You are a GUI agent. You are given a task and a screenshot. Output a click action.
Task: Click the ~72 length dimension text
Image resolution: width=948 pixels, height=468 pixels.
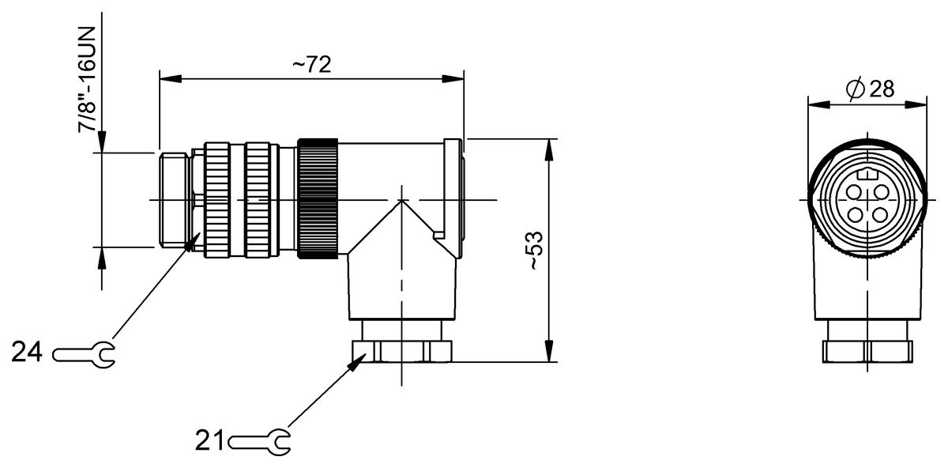(311, 65)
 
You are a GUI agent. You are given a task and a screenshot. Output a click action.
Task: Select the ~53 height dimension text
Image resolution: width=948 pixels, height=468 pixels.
(536, 251)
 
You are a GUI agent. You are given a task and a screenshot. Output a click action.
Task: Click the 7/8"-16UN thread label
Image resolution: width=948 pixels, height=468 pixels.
(87, 79)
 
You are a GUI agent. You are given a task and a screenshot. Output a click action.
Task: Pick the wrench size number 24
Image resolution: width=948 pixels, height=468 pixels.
(28, 353)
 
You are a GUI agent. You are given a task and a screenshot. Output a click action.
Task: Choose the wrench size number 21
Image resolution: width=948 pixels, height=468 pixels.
(210, 440)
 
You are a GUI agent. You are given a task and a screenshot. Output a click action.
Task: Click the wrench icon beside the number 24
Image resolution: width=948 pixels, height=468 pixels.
(84, 353)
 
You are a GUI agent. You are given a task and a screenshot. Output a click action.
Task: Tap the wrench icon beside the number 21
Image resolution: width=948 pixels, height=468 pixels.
(260, 440)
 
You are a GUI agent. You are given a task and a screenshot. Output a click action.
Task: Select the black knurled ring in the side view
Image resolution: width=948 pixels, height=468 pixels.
(318, 198)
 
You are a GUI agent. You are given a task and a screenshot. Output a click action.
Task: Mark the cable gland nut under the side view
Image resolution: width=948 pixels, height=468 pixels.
(401, 350)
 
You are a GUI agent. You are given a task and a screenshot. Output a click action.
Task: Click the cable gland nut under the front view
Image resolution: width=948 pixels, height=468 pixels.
(867, 350)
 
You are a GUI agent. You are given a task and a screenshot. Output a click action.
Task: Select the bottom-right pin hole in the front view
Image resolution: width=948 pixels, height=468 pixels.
(880, 214)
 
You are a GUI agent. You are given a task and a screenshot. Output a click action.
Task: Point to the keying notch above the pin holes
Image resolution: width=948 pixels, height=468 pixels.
(868, 175)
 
